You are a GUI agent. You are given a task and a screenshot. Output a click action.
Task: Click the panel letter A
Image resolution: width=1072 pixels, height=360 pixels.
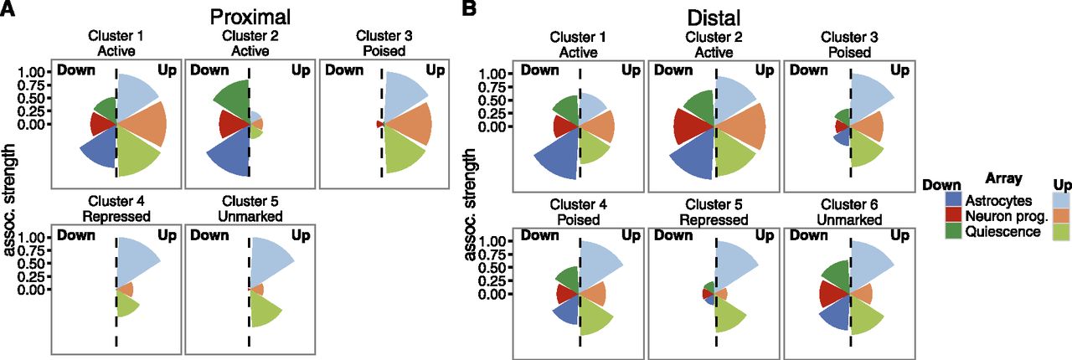[x=8, y=8]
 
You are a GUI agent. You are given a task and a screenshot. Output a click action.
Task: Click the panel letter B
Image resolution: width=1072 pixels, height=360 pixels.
[x=470, y=8]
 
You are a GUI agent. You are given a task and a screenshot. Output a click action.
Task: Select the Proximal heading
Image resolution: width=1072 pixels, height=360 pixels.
[x=250, y=17]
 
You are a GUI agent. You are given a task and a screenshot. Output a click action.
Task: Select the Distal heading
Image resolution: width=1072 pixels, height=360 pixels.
[x=714, y=18]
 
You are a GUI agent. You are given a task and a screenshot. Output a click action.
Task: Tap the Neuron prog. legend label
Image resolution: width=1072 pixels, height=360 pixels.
[x=1007, y=216]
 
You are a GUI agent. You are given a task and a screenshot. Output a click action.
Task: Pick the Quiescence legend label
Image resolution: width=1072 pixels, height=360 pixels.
[x=1003, y=232]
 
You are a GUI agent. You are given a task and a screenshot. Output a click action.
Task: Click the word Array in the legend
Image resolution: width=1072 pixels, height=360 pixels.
[x=1003, y=178]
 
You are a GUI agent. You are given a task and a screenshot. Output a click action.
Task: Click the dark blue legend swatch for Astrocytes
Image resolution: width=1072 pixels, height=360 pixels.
[x=954, y=201]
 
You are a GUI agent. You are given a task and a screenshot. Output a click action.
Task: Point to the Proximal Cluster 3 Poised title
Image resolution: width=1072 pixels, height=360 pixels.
[x=384, y=43]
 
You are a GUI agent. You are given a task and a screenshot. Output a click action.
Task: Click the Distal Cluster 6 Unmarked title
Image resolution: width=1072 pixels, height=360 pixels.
[x=849, y=212]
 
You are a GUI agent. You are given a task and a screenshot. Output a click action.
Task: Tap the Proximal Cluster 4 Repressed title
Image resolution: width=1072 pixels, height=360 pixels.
[x=116, y=208]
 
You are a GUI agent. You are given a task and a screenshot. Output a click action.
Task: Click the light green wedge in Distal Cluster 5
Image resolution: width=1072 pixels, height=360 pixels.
[x=729, y=312]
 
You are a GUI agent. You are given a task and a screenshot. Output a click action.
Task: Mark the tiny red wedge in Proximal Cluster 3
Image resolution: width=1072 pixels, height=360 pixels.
[x=380, y=124]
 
